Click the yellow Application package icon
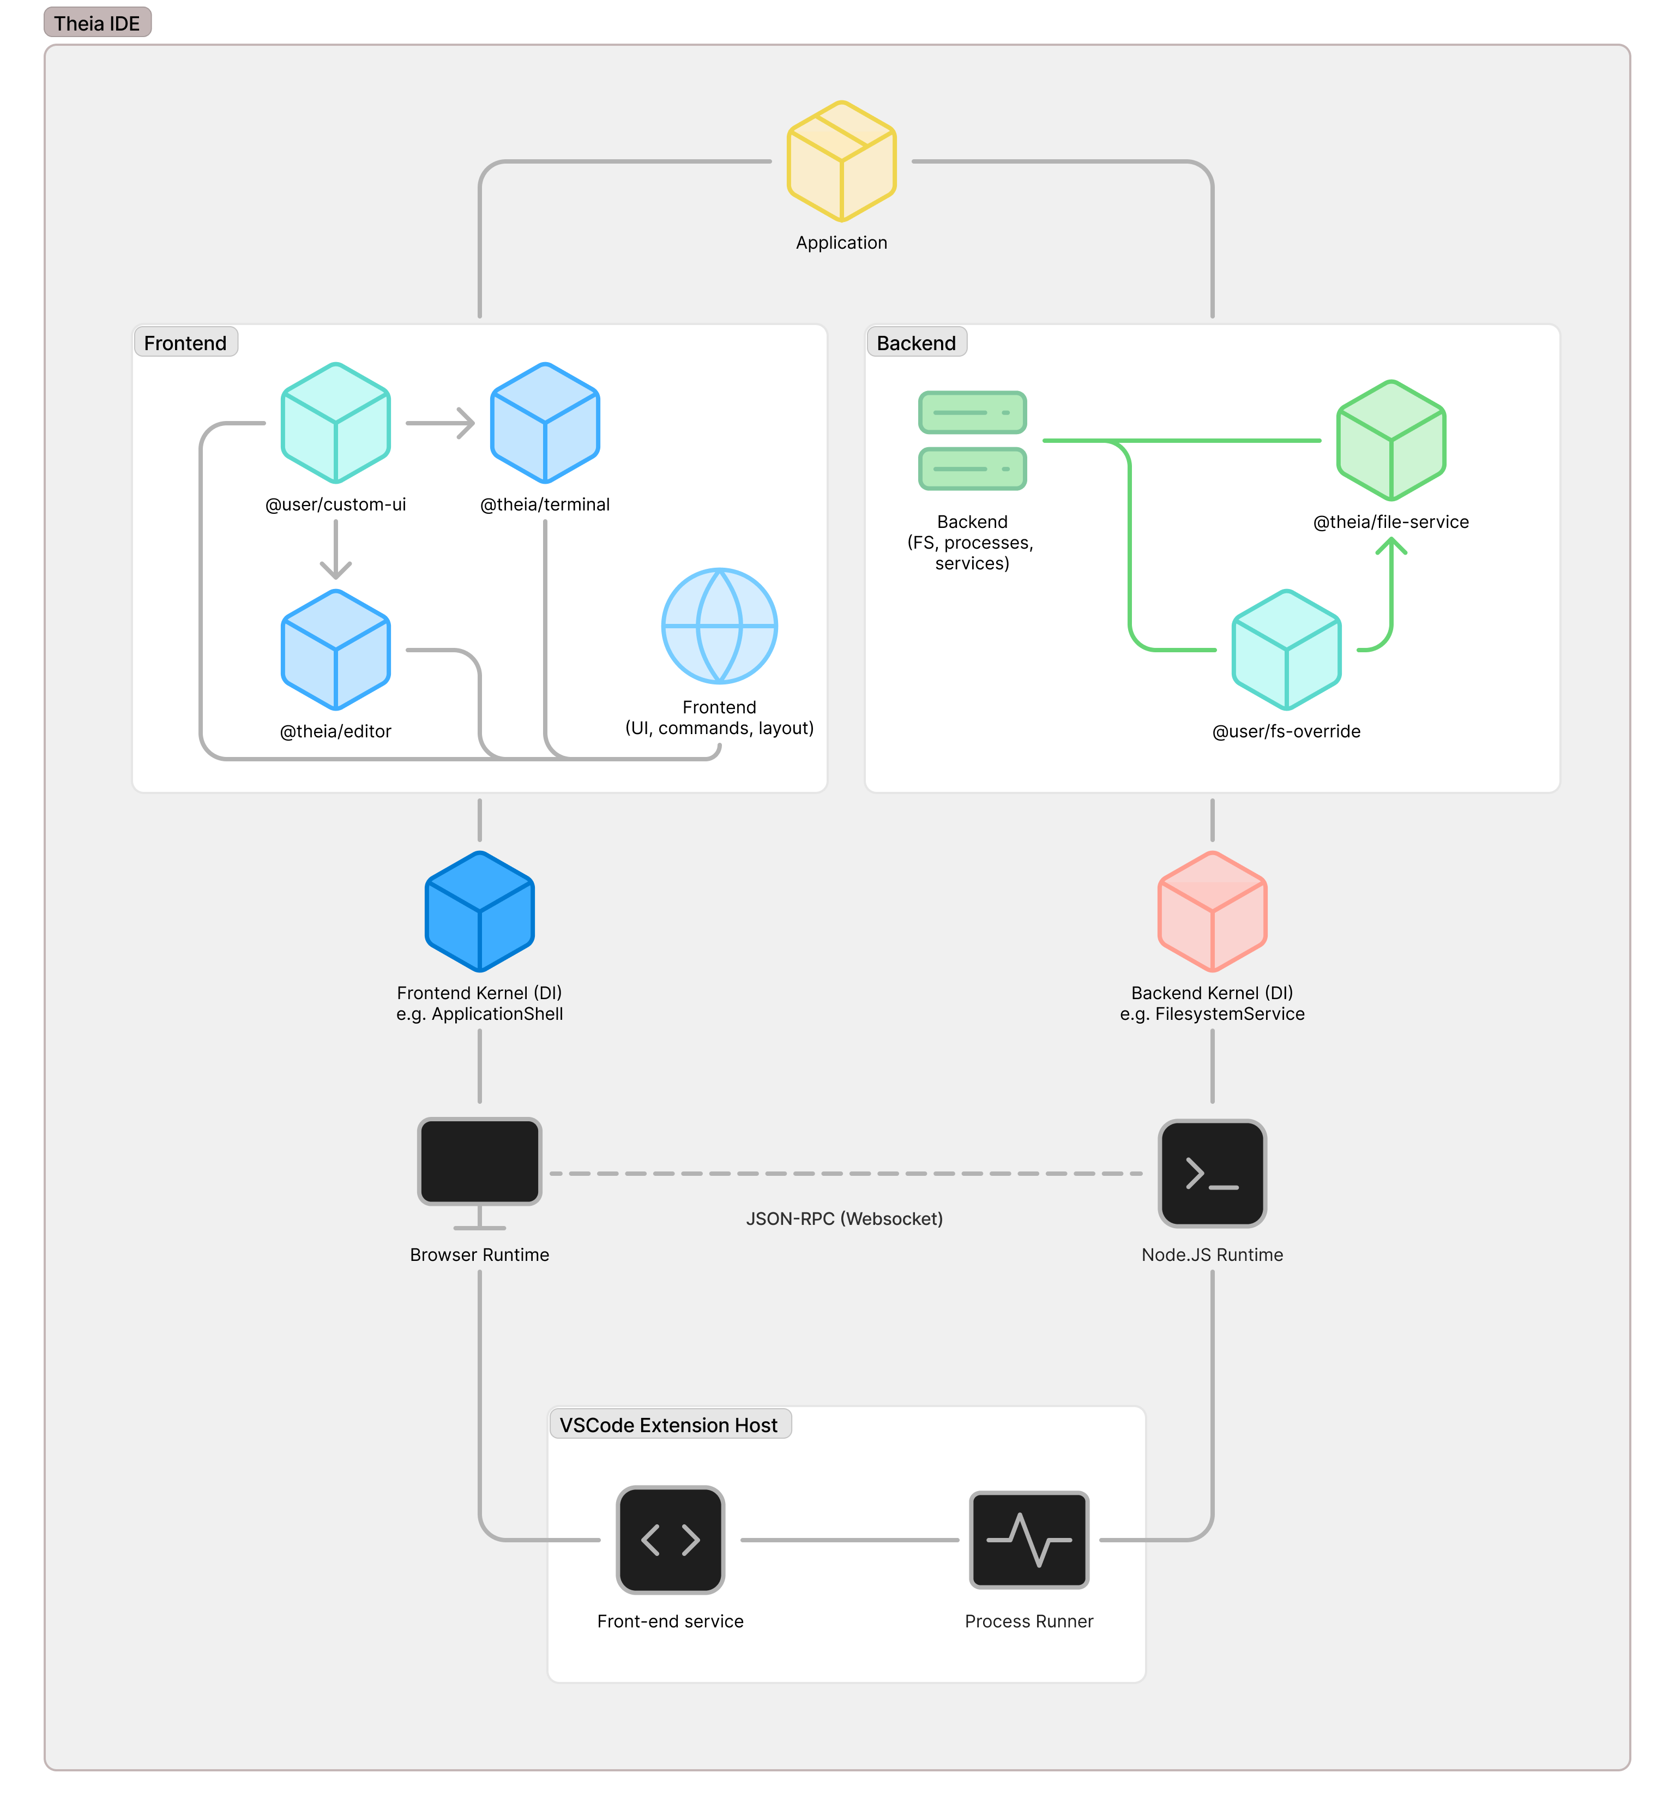(841, 161)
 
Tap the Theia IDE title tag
(97, 23)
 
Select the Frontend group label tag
(185, 342)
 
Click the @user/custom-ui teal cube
(335, 423)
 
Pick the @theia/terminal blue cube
(545, 423)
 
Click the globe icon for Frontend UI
(719, 626)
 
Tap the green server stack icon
(972, 441)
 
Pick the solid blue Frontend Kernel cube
(479, 911)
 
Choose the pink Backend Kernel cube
(1212, 911)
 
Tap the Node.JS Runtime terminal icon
(1212, 1173)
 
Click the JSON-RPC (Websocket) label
(844, 1218)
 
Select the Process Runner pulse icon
(1029, 1540)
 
